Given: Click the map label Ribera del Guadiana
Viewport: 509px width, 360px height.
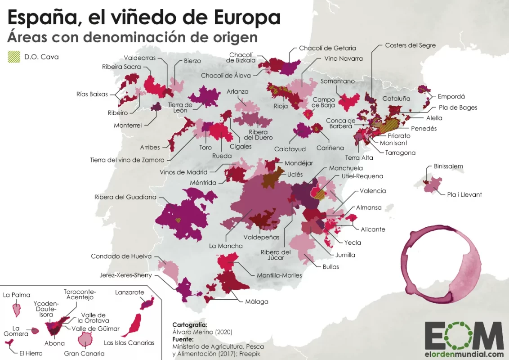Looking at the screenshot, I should click(125, 197).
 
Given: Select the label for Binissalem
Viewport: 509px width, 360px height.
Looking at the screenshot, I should click(448, 166).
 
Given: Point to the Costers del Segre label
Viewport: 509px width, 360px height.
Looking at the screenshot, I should click(410, 45).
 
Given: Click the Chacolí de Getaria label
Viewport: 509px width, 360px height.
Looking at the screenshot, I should click(327, 48).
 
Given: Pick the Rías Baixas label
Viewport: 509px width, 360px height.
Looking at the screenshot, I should click(92, 94).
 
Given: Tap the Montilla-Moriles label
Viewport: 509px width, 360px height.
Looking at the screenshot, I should click(279, 275).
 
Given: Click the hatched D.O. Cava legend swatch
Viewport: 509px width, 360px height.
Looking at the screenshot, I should click(14, 57).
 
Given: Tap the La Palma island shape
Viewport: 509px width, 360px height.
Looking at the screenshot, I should click(17, 309).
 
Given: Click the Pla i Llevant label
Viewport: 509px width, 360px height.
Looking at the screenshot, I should click(464, 194).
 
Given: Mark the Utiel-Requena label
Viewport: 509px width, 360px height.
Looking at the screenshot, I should click(362, 176).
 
